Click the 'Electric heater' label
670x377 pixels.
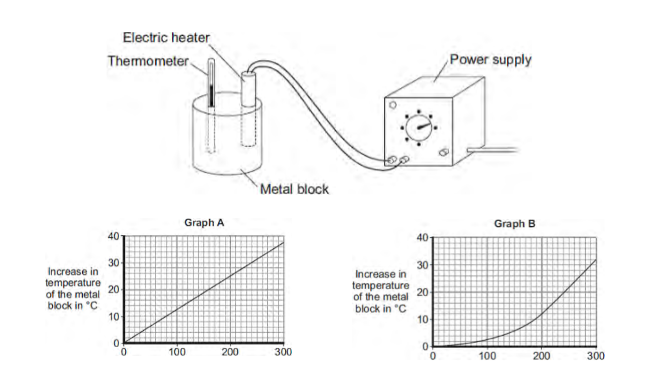pos(166,38)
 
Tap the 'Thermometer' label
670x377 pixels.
pos(148,61)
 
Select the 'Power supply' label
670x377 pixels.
pos(490,60)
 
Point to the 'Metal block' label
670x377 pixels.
pos(294,189)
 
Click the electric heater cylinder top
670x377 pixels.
pos(248,74)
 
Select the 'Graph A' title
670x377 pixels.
pos(204,222)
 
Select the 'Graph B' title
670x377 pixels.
pos(514,224)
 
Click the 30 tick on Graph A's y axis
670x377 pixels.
pos(114,263)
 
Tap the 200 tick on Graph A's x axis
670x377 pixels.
pos(230,352)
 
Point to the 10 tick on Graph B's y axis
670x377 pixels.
pos(422,319)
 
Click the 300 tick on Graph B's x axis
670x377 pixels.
pos(596,356)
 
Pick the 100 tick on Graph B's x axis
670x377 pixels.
pos(487,356)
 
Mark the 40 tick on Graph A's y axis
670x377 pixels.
pos(114,236)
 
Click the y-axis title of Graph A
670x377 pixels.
pos(73,288)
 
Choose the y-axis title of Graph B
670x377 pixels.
pos(381,291)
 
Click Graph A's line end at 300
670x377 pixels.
pos(283,243)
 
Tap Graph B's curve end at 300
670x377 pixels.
pos(595,260)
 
